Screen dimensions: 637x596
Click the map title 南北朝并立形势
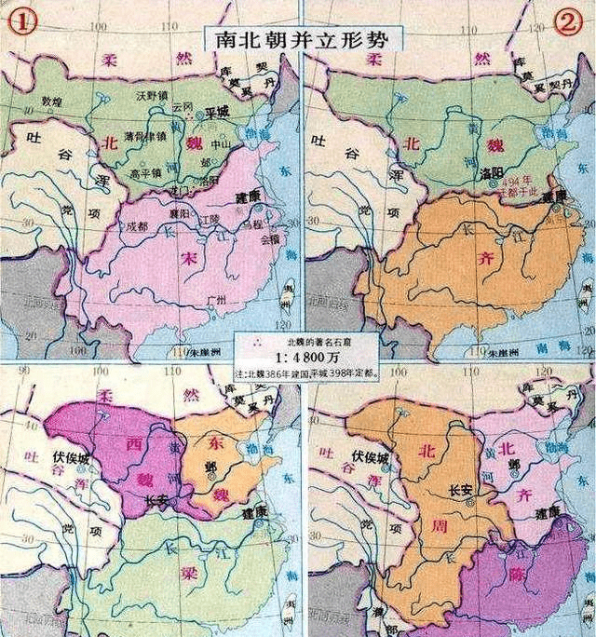tap(298, 38)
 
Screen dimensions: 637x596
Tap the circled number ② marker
tap(567, 23)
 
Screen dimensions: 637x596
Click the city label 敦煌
tap(52, 101)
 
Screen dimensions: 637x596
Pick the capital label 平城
tap(216, 112)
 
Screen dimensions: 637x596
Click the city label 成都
tap(138, 225)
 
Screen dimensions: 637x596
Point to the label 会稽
tap(269, 238)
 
